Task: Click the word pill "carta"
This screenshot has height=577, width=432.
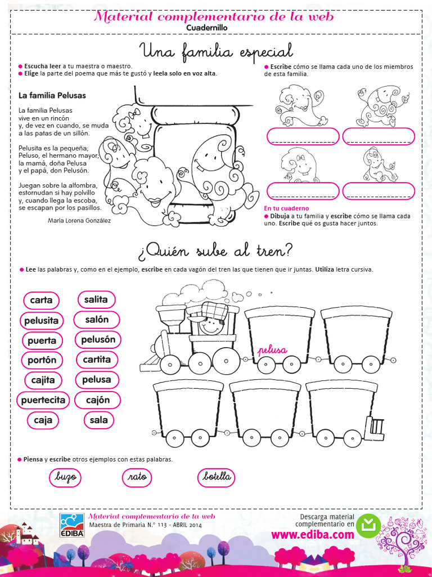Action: (41, 300)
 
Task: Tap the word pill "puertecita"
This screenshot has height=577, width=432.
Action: (43, 400)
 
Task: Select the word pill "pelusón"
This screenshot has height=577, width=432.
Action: (98, 340)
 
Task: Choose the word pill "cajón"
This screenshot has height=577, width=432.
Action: (98, 400)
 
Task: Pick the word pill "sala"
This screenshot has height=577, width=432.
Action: (98, 420)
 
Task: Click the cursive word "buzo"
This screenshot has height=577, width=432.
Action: (65, 477)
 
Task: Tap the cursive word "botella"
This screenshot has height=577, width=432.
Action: (217, 477)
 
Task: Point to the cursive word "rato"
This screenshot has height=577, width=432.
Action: (137, 477)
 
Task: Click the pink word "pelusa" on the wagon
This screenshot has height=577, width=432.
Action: (272, 350)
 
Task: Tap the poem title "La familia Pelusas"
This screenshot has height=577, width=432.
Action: (52, 96)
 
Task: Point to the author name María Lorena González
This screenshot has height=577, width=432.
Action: (79, 220)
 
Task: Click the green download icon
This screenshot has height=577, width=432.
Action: (368, 525)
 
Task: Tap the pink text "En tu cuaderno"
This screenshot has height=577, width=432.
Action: (286, 208)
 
